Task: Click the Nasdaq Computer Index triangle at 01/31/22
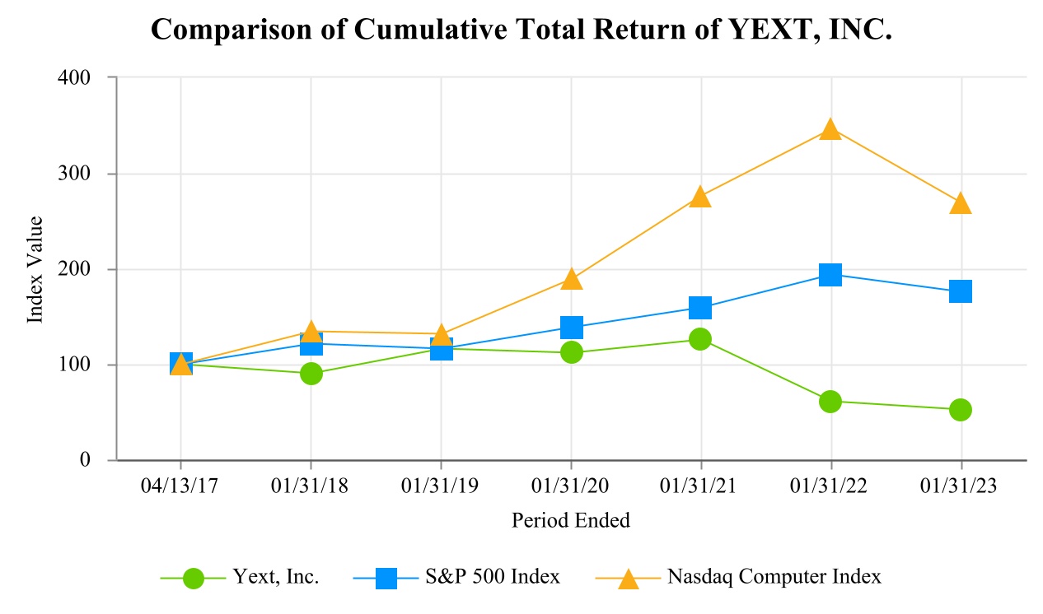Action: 830,130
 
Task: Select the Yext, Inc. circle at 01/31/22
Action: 830,401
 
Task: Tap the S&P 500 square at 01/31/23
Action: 961,291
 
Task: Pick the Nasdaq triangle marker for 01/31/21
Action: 700,197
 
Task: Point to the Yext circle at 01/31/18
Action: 311,374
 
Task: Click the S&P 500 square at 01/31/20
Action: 571,328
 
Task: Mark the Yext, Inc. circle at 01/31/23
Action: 961,410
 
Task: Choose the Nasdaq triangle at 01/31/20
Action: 571,280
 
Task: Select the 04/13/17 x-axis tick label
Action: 180,486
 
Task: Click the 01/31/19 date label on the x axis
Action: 440,486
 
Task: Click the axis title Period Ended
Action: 570,520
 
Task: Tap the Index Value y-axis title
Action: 35,269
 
